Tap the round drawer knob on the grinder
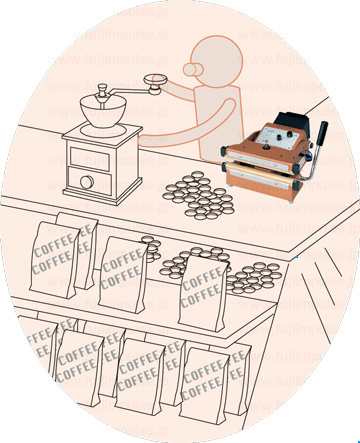87,182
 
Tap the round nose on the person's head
192,69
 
